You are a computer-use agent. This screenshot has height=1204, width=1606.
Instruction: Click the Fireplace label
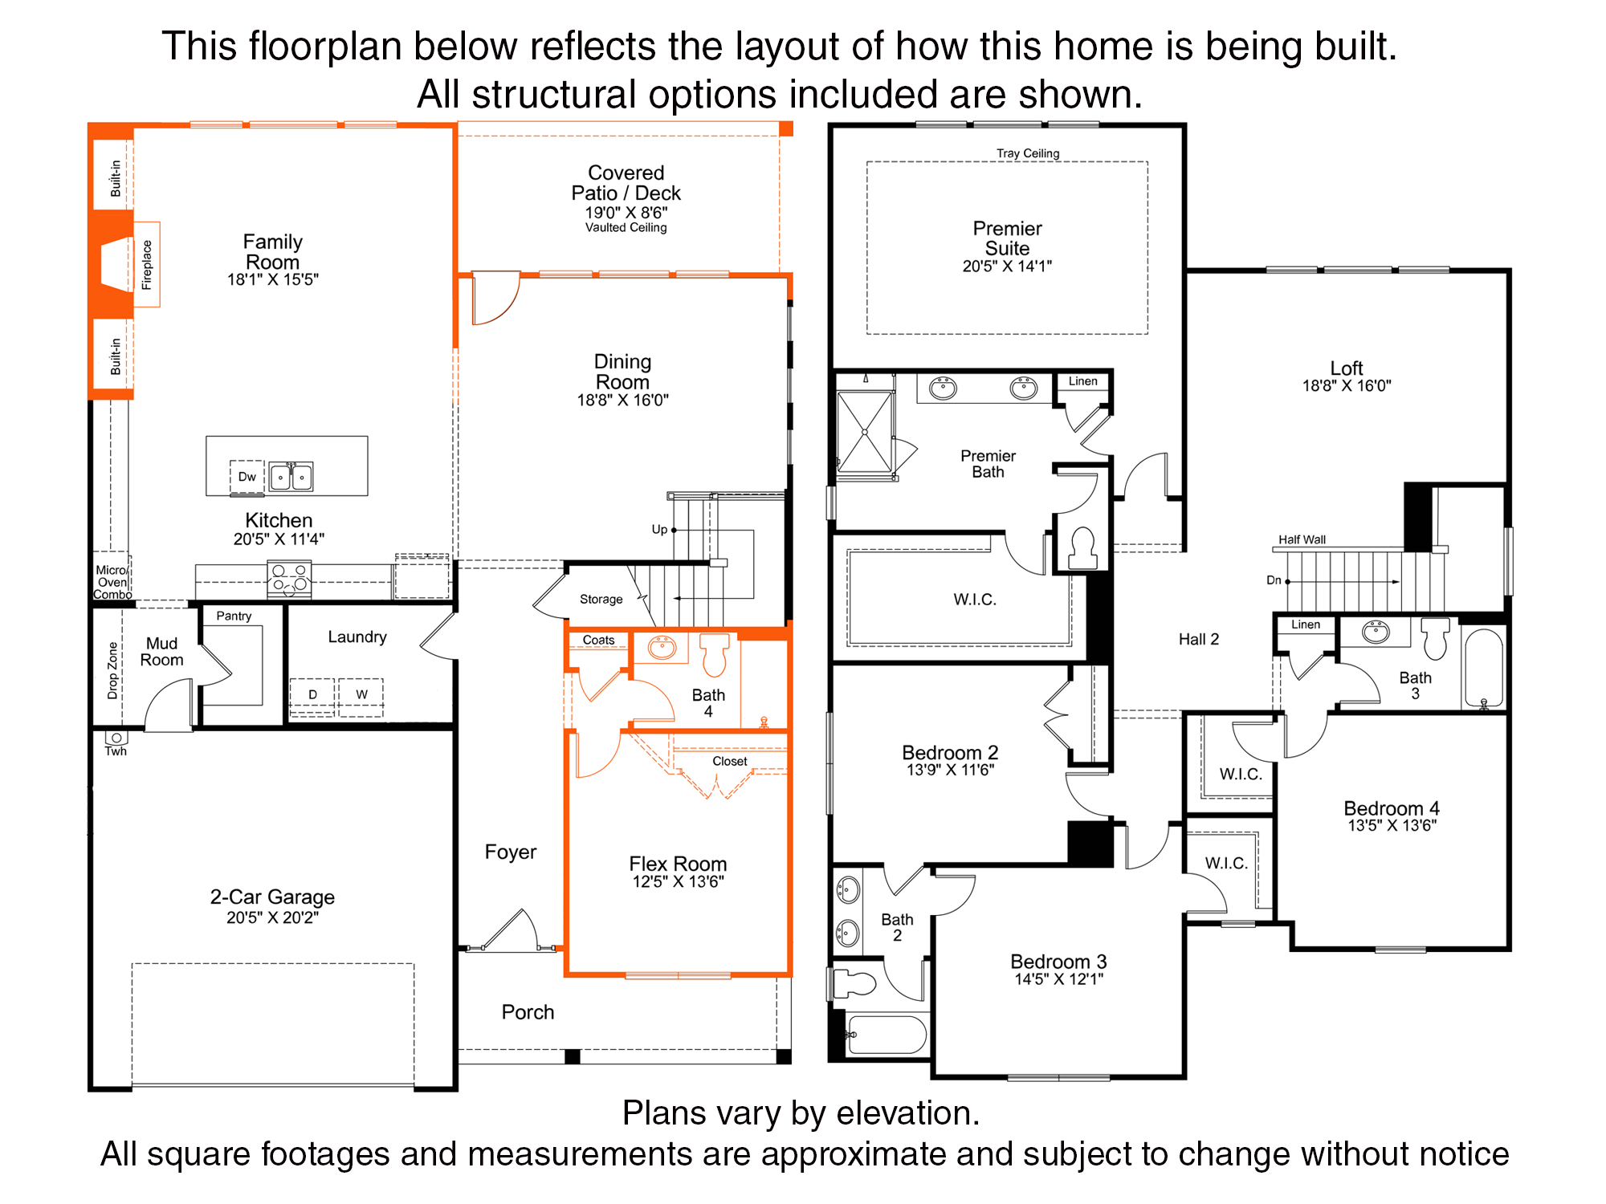(147, 264)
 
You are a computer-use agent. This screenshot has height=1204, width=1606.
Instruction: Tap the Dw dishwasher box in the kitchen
(247, 477)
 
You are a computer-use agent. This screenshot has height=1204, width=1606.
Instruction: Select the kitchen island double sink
(291, 477)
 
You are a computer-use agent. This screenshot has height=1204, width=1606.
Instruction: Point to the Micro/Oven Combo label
(112, 582)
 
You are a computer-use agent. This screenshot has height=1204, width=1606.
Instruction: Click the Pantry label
(234, 616)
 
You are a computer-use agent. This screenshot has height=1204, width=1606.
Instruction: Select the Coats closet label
(598, 640)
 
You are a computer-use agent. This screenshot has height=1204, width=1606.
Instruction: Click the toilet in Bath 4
(714, 654)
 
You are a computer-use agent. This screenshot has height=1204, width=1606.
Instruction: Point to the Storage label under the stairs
(601, 599)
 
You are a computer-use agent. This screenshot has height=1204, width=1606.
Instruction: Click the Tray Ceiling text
(1028, 153)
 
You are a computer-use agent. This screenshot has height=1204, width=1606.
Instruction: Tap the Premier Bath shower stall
(865, 433)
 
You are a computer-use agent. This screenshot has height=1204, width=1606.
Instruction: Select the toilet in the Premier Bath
(1082, 547)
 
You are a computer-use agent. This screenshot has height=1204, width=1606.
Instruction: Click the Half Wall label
(1302, 539)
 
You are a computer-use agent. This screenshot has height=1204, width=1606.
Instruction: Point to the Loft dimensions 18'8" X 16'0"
(1347, 386)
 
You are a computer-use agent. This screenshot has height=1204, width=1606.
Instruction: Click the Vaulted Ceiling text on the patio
(626, 228)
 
